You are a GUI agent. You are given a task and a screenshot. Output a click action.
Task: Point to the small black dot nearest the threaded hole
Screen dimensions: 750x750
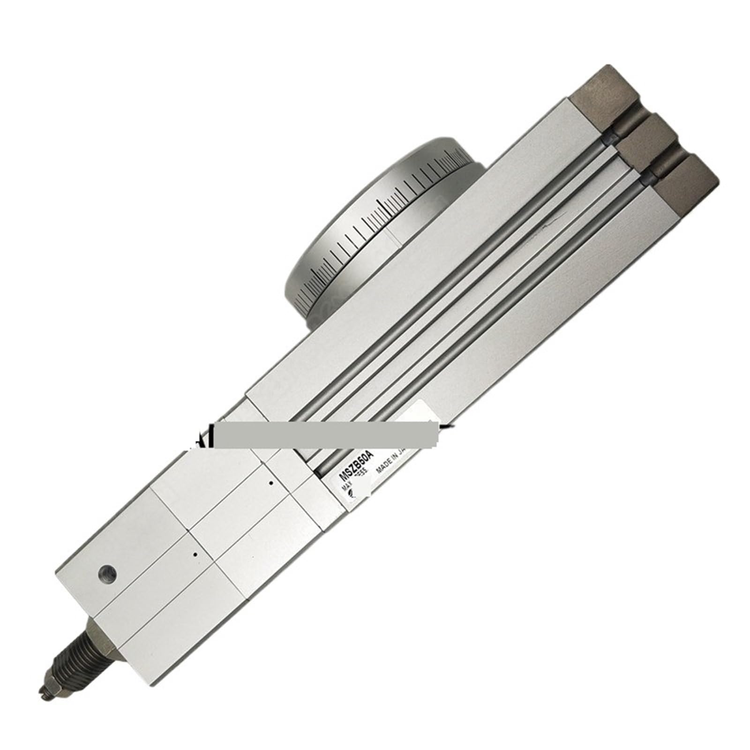point(195,555)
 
